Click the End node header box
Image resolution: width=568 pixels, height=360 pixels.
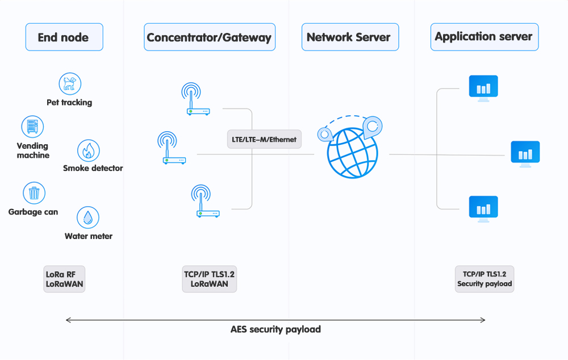pos(64,37)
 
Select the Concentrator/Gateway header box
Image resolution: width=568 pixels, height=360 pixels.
pos(209,37)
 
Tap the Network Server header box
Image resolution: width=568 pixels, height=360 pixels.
pos(349,37)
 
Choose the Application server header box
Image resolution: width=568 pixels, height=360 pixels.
pos(484,37)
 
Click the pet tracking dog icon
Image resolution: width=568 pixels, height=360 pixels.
pos(70,84)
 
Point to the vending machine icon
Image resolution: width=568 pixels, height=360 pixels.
pos(32,127)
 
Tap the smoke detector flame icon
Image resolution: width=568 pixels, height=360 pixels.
pos(89,151)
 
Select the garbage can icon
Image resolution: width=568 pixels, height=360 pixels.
pos(34,193)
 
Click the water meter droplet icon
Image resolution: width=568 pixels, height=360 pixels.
pos(88,218)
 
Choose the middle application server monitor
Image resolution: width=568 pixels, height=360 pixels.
pos(525,153)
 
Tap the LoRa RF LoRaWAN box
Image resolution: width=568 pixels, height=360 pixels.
pos(64,279)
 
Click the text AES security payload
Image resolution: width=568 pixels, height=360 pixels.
pos(275,329)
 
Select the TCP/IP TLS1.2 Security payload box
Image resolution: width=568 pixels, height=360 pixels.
pos(485,279)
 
